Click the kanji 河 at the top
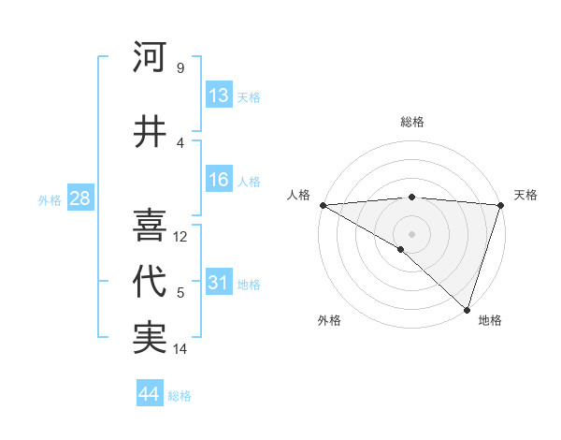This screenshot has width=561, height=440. click(x=151, y=58)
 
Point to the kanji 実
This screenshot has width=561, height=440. click(x=151, y=338)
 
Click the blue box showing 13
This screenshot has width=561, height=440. click(x=219, y=95)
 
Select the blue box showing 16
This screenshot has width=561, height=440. click(x=219, y=180)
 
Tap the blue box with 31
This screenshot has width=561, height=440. click(x=219, y=283)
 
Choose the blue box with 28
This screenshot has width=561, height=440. click(x=79, y=198)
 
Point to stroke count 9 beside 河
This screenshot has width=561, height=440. click(x=180, y=68)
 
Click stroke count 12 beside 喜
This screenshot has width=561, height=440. click(x=181, y=237)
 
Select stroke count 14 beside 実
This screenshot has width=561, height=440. click(x=181, y=349)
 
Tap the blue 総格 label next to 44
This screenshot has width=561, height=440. click(x=180, y=396)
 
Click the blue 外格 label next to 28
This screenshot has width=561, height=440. click(x=50, y=199)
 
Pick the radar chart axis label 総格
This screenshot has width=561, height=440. click(x=411, y=122)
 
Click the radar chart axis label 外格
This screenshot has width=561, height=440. click(x=329, y=320)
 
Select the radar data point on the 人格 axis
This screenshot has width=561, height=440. click(x=323, y=204)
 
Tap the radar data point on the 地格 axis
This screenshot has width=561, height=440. click(x=467, y=309)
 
